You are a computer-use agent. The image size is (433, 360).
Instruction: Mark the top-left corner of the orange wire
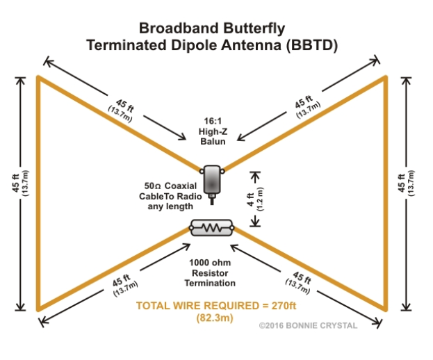(39, 76)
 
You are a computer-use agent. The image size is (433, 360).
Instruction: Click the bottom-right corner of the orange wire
(384, 309)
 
